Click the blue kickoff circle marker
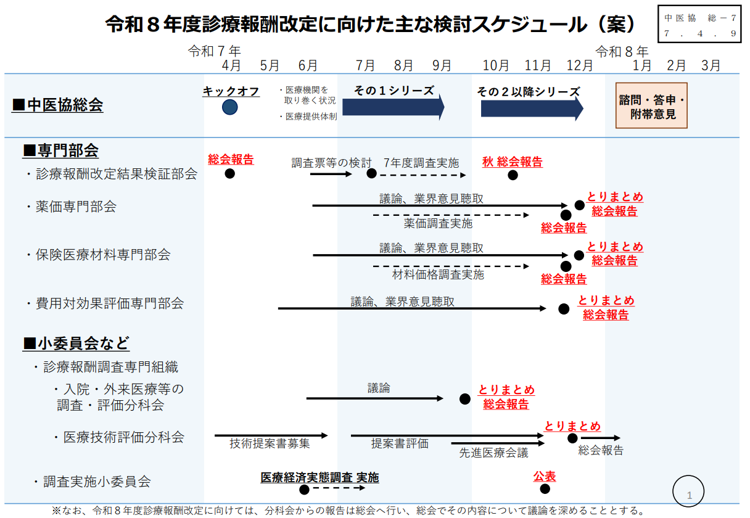230,107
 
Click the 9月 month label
442,65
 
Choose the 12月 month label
580,65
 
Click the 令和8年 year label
621,51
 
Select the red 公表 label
545,476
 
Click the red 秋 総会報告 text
513,162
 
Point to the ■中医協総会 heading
58,105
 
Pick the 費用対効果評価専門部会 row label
109,303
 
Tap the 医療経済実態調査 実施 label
319,477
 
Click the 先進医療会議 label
493,453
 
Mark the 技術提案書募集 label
270,443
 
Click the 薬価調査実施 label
438,223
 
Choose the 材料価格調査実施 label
438,274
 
